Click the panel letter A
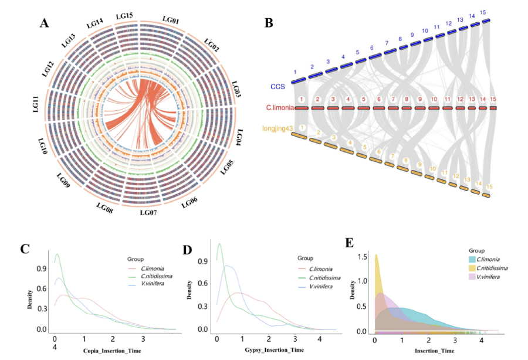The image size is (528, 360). pos(45,23)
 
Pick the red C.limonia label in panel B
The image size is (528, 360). pos(278,108)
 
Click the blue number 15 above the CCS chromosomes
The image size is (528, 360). pos(483,12)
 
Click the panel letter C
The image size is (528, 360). pos(25,249)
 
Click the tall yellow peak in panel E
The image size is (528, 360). pos(376,256)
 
